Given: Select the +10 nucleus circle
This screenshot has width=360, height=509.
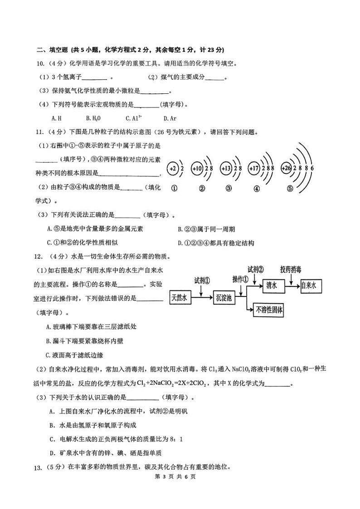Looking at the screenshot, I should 197,169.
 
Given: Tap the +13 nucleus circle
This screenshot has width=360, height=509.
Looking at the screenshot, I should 226,169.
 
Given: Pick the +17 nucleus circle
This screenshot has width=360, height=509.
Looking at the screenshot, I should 255,169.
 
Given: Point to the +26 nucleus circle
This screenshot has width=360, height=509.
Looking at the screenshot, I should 287,169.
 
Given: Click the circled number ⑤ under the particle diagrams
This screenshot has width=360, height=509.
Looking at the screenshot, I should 290,189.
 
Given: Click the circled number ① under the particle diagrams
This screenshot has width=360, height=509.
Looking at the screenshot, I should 174,189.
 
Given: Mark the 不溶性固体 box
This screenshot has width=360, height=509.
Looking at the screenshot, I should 269,310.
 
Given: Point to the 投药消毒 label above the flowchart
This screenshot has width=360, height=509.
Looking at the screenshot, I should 291,269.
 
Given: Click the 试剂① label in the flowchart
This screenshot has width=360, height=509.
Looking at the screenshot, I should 202,281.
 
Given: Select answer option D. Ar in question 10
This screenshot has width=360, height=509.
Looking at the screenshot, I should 170,118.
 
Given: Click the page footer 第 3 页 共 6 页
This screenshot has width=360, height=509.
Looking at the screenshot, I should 179,476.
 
